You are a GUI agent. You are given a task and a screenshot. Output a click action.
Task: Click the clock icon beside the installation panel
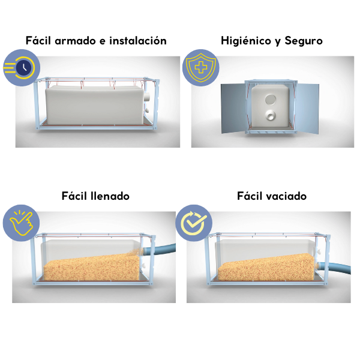pos(22,68)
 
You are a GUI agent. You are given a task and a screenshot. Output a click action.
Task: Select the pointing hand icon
pos(21,223)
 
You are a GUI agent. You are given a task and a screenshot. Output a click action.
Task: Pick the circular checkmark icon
pos(194,223)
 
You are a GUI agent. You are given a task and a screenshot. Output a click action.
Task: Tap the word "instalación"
pos(138,41)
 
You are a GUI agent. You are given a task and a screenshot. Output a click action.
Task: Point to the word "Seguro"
pos(304,41)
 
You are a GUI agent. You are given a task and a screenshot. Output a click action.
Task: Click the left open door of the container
pos(233,108)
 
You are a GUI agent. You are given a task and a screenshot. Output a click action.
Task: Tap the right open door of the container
pos(307,109)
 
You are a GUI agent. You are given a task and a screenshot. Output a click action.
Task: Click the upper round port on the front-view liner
pos(270,100)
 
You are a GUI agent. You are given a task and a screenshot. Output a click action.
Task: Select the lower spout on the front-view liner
pos(270,115)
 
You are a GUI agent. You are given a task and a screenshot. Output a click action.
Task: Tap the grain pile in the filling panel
pos(92,268)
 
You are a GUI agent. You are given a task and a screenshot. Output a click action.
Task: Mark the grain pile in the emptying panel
pos(266,267)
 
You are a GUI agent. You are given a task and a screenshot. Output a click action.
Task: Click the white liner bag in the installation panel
pos(95,105)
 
